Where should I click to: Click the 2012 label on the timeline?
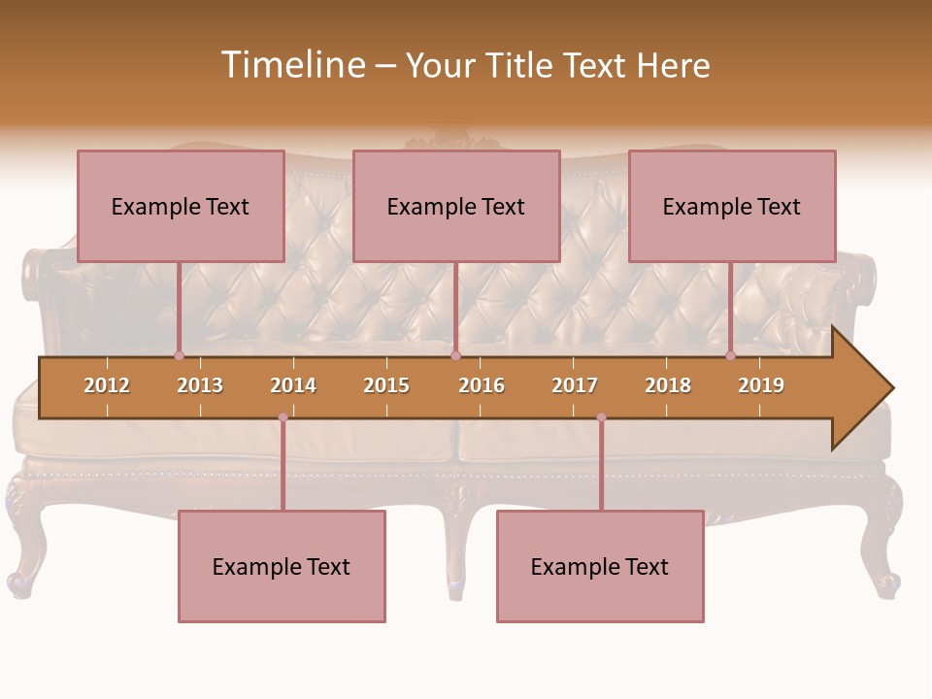pos(107,385)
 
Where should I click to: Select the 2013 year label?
pos(200,385)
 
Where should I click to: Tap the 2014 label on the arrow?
pos(293,385)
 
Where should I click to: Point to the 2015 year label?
pos(386,385)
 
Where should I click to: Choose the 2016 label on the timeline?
pos(482,385)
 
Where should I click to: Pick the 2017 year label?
pos(575,385)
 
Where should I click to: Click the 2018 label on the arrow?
pos(668,385)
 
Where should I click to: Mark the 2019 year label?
pos(761,385)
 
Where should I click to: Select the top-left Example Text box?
pos(181,206)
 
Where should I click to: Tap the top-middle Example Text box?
pos(456,206)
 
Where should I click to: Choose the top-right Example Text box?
pos(732,206)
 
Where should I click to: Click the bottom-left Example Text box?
pos(282,566)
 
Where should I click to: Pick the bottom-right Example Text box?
pos(600,566)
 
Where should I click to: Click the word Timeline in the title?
pos(291,65)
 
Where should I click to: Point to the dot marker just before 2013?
pos(179,356)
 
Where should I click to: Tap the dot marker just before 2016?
pos(455,356)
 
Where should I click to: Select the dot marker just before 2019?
pos(730,356)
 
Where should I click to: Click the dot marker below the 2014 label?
pos(283,417)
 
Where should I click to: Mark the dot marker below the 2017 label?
pos(601,417)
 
